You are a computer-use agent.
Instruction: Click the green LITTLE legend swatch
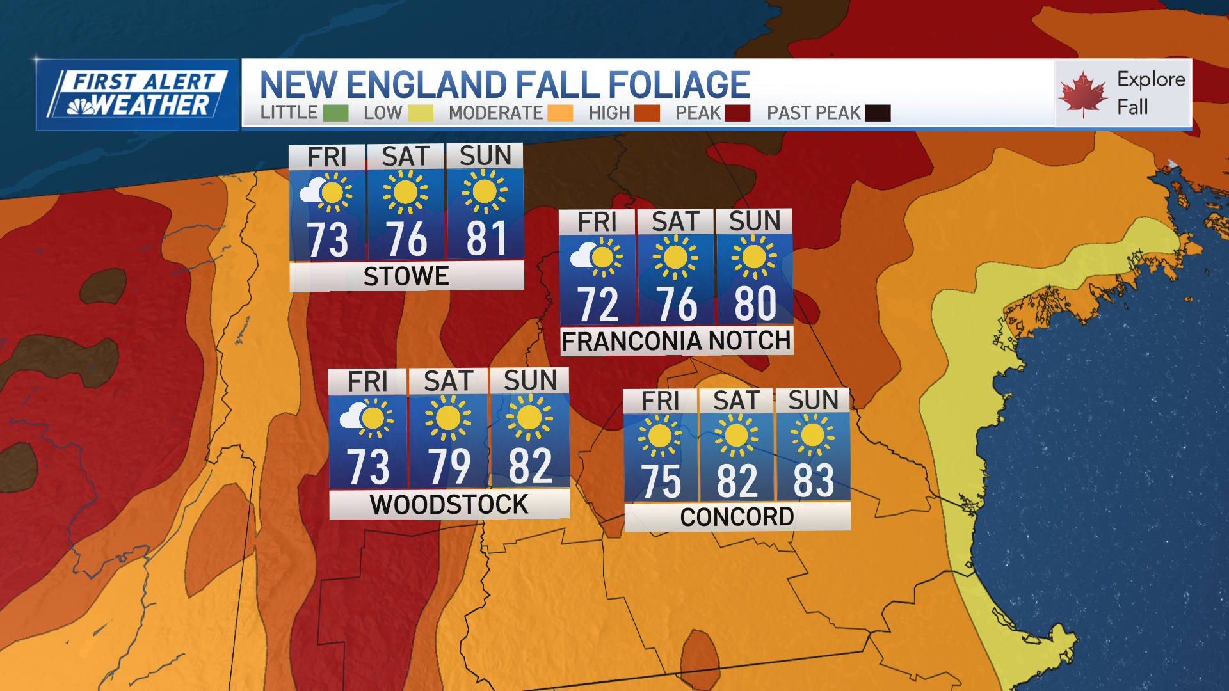click(335, 113)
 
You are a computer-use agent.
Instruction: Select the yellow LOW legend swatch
click(420, 113)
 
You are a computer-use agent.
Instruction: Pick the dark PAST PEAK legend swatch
click(878, 113)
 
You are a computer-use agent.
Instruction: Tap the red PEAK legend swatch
click(737, 113)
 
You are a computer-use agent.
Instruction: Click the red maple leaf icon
click(1082, 94)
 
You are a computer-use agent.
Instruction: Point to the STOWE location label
click(406, 276)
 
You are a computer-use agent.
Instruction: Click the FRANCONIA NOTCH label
click(676, 341)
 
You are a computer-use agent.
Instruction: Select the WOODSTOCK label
click(449, 505)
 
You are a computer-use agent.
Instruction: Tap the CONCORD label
click(737, 517)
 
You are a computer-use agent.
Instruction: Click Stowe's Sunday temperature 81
click(486, 239)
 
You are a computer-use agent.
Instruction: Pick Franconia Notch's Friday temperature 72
click(598, 305)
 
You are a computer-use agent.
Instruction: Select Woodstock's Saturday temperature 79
click(449, 466)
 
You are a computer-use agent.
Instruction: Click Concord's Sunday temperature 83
click(814, 481)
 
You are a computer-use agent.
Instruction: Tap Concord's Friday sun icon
click(659, 436)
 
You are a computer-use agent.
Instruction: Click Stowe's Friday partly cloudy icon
click(326, 192)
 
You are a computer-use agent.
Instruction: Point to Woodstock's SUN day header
click(530, 381)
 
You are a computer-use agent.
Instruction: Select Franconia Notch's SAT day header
click(675, 222)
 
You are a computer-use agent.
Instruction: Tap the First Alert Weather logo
click(138, 95)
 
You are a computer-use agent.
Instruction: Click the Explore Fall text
click(1150, 93)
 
